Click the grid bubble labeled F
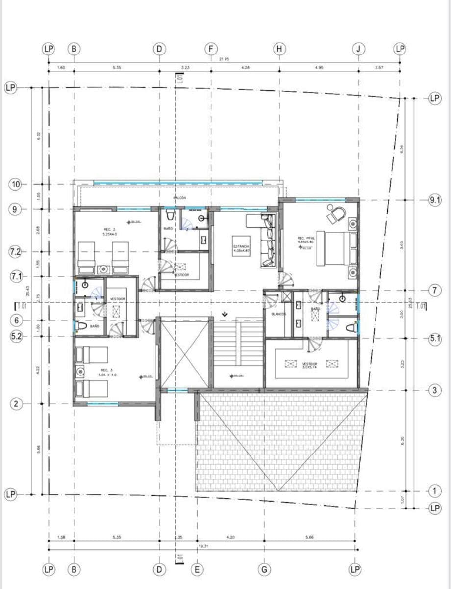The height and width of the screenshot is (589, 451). click(211, 49)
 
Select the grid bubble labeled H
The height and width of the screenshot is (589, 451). click(279, 49)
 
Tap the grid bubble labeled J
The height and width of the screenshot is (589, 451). click(359, 49)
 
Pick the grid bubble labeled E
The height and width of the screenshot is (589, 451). click(197, 569)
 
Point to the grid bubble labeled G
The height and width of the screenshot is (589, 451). click(264, 569)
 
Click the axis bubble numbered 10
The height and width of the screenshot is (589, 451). click(16, 185)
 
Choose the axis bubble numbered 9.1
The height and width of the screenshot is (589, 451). click(435, 200)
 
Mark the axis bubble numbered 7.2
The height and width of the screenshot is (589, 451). click(16, 252)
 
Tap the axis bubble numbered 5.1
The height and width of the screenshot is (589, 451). click(435, 338)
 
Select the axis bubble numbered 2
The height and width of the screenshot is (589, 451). click(16, 404)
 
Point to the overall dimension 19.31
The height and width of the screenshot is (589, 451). click(201, 545)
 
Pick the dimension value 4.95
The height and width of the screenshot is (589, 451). click(319, 67)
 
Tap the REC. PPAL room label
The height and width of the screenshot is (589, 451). click(305, 241)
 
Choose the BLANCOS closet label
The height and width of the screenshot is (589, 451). click(278, 314)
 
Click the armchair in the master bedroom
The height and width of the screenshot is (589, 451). click(336, 213)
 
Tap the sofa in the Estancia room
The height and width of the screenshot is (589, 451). click(268, 241)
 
